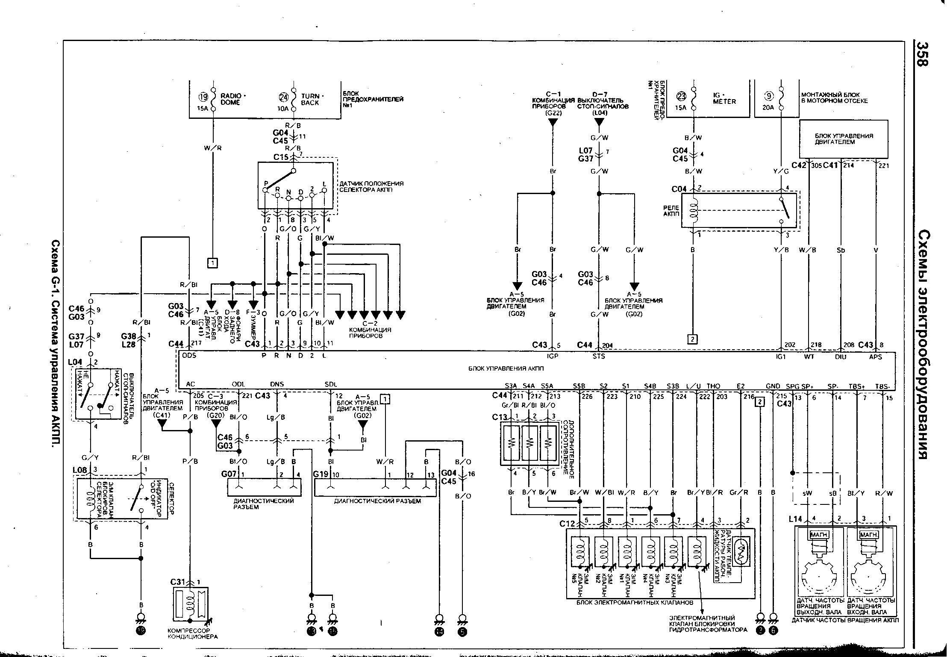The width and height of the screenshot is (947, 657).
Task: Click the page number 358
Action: click(x=922, y=60)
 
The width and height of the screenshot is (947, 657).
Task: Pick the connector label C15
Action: click(x=281, y=157)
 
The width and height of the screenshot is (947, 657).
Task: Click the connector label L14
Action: click(x=795, y=519)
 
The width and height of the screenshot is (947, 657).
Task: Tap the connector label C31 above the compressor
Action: click(x=177, y=582)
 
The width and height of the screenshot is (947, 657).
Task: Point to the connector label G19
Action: click(x=321, y=474)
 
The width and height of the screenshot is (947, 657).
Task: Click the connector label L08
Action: click(x=80, y=470)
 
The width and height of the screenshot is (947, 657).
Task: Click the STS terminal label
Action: click(x=599, y=356)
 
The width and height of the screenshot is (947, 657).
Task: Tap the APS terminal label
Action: click(x=875, y=356)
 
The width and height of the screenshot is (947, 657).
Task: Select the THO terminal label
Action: click(x=713, y=386)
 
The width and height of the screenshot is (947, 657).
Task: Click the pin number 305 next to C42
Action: click(x=815, y=165)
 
